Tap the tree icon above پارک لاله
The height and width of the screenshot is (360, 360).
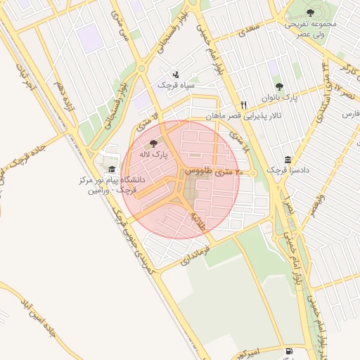(154, 144)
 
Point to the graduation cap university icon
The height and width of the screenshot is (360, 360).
(110, 168)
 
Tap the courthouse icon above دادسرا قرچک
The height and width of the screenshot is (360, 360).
(288, 160)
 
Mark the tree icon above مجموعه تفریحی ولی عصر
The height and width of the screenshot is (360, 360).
(310, 12)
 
